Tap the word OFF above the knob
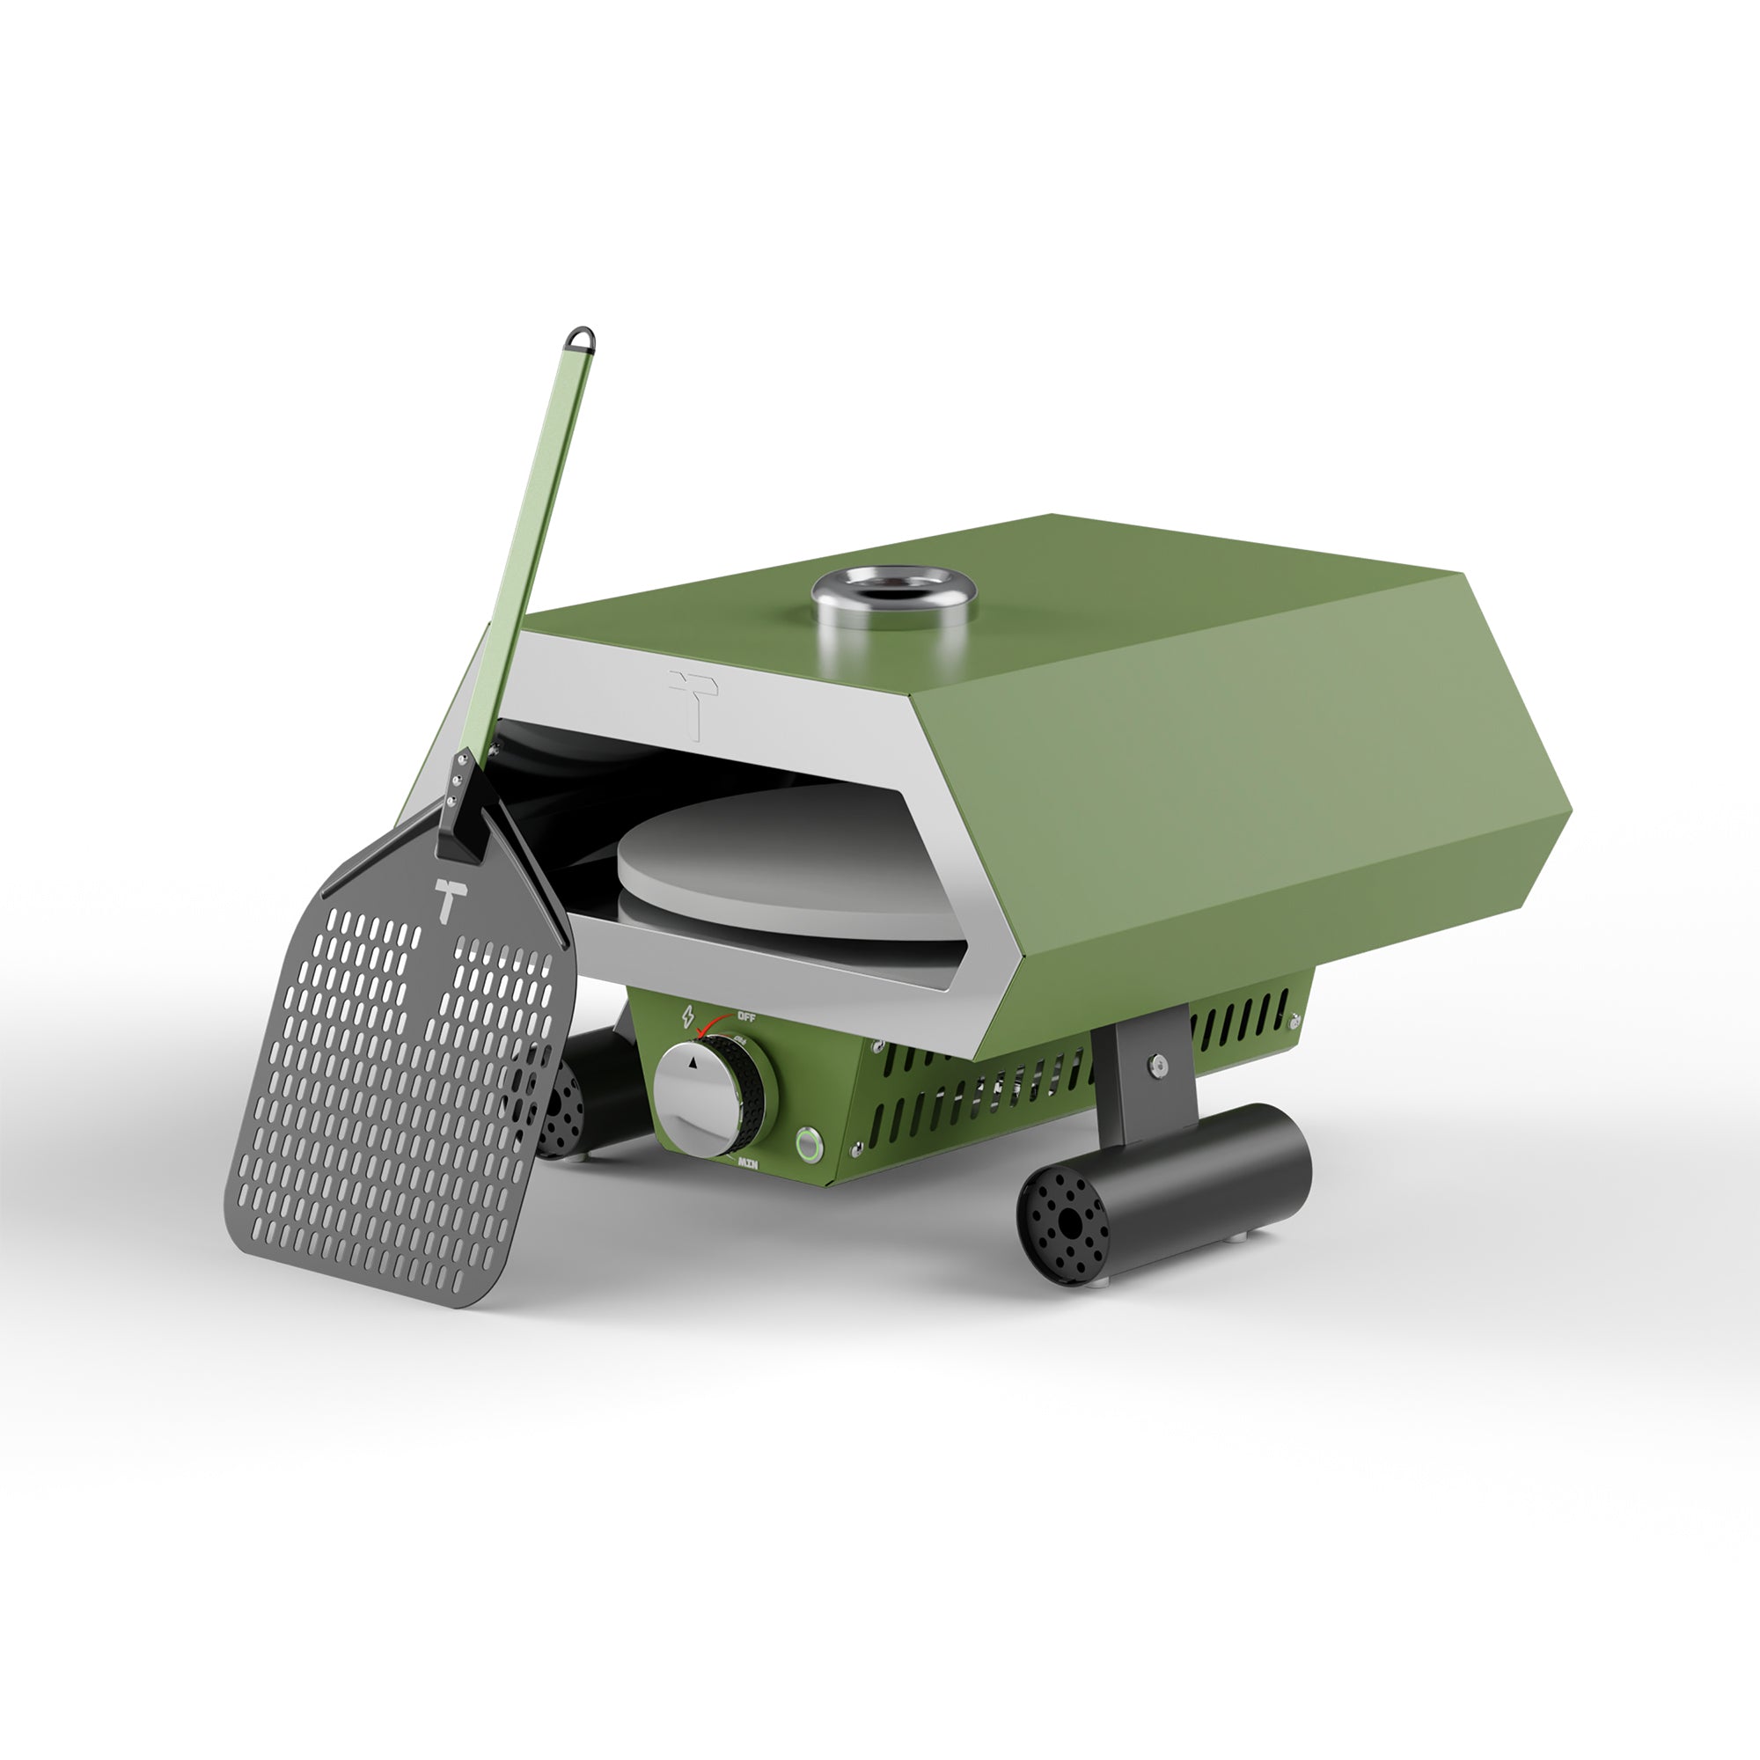(x=746, y=1016)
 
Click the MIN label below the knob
(x=748, y=1163)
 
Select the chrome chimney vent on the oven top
(x=892, y=598)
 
